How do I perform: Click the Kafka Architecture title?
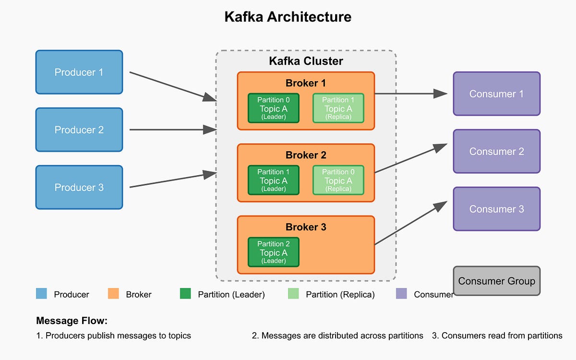coord(288,17)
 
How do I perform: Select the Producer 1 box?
coord(79,72)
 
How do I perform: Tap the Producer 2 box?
coord(79,130)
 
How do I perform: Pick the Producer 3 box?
coord(79,187)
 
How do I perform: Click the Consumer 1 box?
coord(497,94)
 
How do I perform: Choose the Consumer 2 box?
coord(497,151)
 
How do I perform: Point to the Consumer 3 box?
coord(497,209)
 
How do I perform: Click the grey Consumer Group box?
coord(497,281)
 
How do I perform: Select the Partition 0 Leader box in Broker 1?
coord(274,108)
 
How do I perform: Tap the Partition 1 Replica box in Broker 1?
coord(338,108)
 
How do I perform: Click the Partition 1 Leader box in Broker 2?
coord(274,180)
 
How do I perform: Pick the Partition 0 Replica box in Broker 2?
coord(338,180)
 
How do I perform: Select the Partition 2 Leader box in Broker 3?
coord(274,252)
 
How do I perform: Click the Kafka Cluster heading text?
coord(306,61)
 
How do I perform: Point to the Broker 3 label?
coord(306,227)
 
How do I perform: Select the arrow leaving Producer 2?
coord(173,130)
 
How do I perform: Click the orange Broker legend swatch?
coord(114,294)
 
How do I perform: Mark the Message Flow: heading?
coord(72,321)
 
